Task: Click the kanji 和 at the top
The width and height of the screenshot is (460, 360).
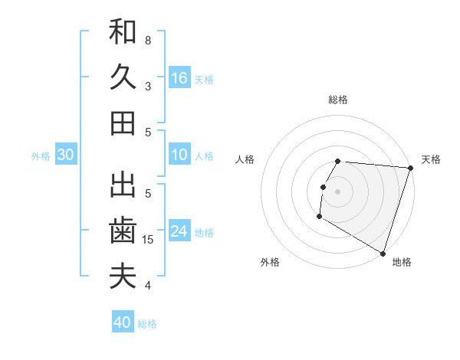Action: click(x=123, y=32)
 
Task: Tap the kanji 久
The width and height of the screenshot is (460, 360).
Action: click(x=123, y=77)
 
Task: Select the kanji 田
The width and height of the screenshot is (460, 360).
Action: click(x=123, y=123)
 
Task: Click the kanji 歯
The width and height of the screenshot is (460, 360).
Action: click(x=123, y=231)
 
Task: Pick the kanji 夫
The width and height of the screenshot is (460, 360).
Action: click(x=123, y=276)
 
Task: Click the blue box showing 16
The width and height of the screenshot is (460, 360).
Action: click(x=179, y=77)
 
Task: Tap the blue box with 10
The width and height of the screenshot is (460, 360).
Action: click(x=179, y=155)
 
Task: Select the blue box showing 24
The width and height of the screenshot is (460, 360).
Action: click(x=179, y=231)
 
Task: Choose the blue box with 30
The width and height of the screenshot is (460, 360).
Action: click(x=65, y=155)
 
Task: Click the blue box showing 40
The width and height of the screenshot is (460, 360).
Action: click(x=123, y=322)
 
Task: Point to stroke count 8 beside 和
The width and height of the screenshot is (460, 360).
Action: click(x=148, y=40)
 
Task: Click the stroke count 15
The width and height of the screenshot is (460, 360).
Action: click(x=149, y=240)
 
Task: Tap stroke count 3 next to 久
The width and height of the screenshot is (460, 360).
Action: click(x=148, y=86)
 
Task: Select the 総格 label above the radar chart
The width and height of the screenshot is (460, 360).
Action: click(x=338, y=100)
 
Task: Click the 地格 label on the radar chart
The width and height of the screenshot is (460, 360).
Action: click(x=402, y=262)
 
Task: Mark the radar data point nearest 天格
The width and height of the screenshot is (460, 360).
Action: click(x=410, y=169)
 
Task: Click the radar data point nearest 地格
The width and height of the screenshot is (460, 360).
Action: click(x=381, y=253)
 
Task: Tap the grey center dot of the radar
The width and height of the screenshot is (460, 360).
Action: click(x=338, y=191)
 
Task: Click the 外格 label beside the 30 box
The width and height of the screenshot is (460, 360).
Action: click(x=41, y=155)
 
